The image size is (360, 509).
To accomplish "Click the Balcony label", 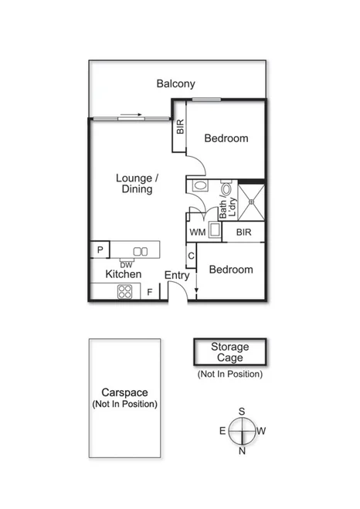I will (175, 83).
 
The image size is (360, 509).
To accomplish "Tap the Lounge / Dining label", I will (137, 184).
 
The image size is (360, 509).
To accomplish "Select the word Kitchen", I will (123, 274).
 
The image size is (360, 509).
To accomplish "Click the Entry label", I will (177, 275).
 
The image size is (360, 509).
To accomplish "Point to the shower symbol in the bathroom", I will (250, 200).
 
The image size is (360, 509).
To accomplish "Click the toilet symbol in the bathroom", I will (226, 188).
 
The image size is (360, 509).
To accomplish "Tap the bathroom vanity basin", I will (199, 186).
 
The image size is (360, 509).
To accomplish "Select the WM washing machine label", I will (197, 232).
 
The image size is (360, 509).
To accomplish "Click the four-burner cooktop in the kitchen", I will (124, 292).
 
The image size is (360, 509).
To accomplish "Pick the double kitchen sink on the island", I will (140, 250).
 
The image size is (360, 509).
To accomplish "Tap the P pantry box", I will (99, 250).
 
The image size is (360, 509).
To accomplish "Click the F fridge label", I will (150, 293).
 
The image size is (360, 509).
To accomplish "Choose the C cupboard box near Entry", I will (190, 256).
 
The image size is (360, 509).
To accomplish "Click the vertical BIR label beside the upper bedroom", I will (180, 127).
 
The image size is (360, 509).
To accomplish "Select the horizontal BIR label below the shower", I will (243, 232).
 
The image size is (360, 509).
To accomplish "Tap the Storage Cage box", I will (229, 352).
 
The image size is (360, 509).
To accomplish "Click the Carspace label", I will (124, 392).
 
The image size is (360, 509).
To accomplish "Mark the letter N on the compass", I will (242, 451).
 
